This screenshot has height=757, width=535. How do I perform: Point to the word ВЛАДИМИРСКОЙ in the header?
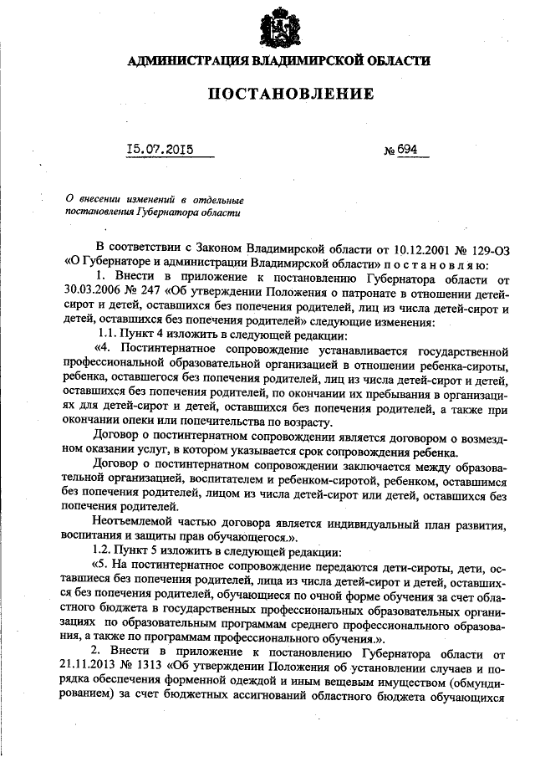(x=308, y=61)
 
